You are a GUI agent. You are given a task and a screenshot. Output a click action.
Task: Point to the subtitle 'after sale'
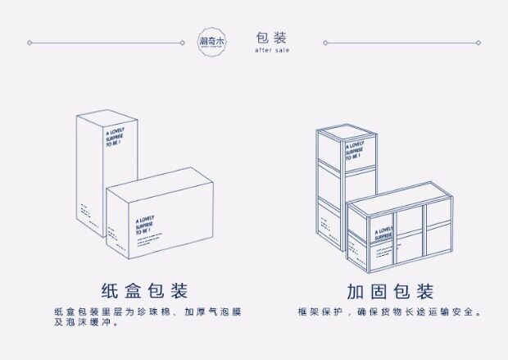point(271,50)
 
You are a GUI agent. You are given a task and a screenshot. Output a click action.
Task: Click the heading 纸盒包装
point(144,291)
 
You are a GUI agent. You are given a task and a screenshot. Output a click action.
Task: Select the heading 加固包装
point(389,291)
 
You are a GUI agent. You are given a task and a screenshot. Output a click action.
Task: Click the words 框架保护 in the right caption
point(324,312)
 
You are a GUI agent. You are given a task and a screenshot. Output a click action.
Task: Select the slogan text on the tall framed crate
point(355,154)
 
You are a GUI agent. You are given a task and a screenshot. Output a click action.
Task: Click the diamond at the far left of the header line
point(29,42)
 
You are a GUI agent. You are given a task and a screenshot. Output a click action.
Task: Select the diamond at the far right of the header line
point(480,42)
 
